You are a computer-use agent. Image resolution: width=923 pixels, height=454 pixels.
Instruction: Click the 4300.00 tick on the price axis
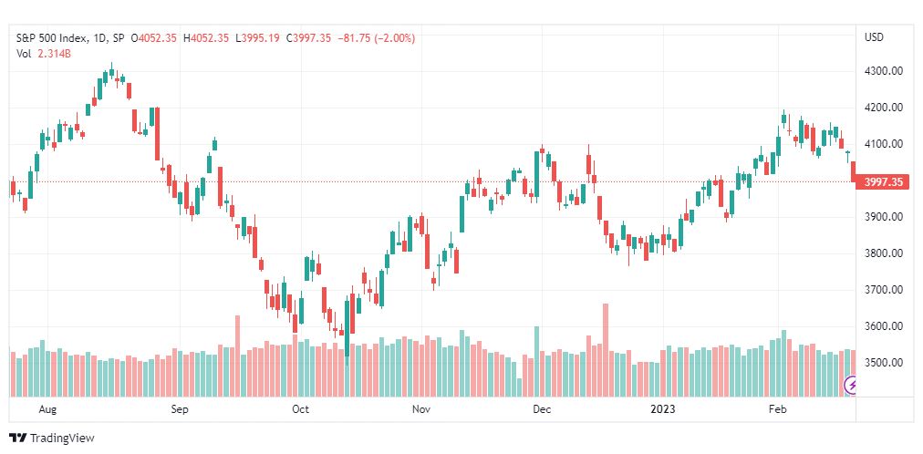(883, 71)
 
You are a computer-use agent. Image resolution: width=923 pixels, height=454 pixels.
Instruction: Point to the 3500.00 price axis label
(883, 362)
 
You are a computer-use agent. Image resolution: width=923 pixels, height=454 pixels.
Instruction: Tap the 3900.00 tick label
(883, 217)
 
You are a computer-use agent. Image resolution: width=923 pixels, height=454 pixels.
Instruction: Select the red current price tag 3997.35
(883, 182)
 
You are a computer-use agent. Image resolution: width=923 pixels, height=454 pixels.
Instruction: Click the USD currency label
(874, 37)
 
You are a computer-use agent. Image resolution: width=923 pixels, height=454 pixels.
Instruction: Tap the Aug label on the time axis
(47, 409)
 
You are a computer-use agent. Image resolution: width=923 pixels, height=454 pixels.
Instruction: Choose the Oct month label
(301, 409)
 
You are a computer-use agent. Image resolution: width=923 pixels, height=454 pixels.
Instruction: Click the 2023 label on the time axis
(663, 409)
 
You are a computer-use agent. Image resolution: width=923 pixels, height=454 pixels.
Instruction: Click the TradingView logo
(52, 439)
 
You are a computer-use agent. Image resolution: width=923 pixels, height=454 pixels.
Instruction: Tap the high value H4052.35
(206, 38)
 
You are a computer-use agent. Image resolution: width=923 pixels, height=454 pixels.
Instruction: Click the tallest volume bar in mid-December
(606, 350)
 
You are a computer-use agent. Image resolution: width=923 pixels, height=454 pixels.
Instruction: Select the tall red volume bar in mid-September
(238, 356)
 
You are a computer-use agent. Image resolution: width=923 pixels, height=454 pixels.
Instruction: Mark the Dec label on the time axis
(542, 409)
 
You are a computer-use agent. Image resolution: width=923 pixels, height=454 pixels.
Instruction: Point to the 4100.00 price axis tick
(883, 144)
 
